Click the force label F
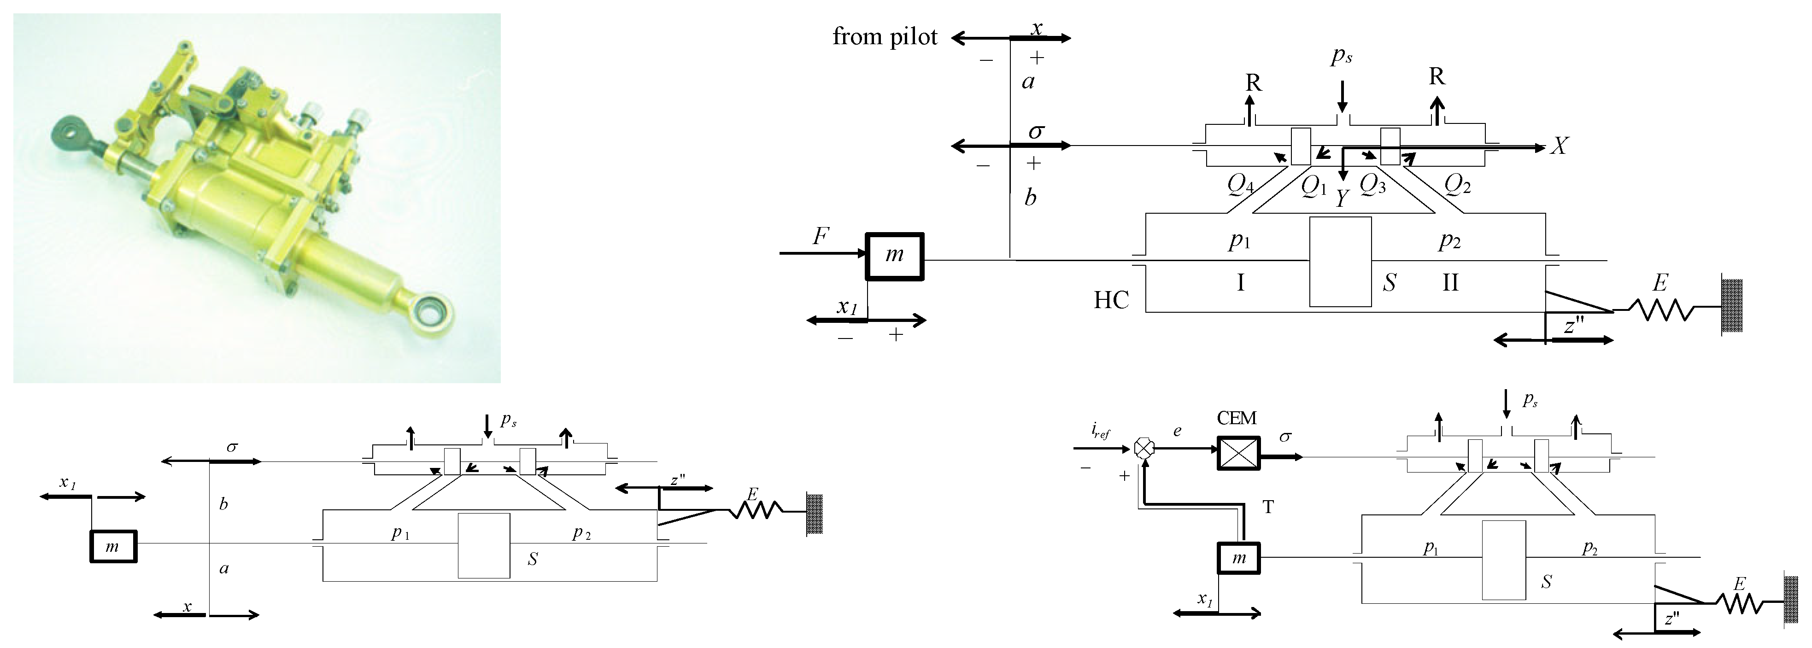tap(820, 236)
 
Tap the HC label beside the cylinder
tap(1111, 301)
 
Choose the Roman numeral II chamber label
tap(1450, 282)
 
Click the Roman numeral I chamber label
tap(1240, 282)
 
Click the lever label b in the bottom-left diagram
tap(224, 504)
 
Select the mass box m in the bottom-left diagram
tap(113, 547)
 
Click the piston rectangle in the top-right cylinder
tap(1340, 262)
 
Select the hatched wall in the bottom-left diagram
tap(815, 514)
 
